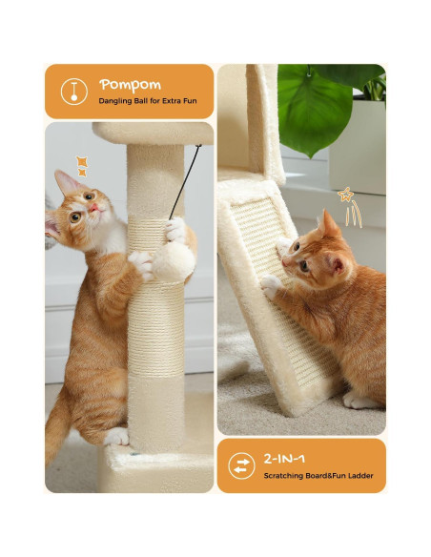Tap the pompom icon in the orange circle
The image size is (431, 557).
[x=72, y=92]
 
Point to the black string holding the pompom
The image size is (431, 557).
[x=186, y=181]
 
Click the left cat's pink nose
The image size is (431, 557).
[x=92, y=207]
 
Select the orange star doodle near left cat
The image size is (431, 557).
[x=82, y=165]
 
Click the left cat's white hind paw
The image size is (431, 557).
[x=117, y=437]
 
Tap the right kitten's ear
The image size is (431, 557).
[x=328, y=225]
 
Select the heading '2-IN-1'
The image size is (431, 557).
[x=285, y=457]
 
